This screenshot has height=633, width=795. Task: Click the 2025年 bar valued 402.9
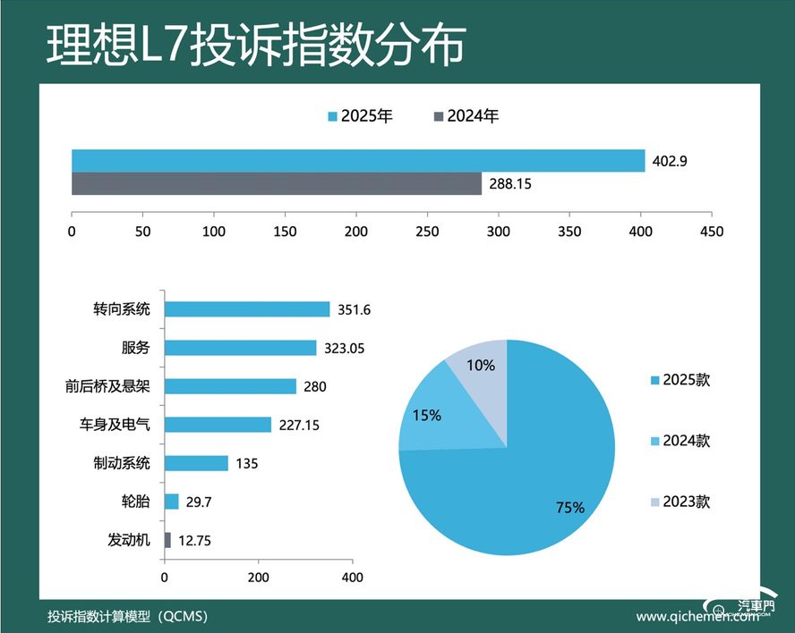pos(358,161)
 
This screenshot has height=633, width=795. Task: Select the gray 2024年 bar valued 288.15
pos(277,183)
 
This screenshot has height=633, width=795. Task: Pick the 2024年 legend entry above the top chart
pos(466,116)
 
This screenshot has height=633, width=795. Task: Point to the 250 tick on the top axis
pos(428,231)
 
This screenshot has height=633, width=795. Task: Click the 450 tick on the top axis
pos(712,231)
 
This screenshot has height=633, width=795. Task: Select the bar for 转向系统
pos(247,309)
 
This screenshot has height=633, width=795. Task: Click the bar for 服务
pos(241,348)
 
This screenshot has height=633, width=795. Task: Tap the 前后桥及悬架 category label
pos(109,386)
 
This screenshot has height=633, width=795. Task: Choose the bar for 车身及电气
pos(218,425)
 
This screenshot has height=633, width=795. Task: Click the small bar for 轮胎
pos(172,502)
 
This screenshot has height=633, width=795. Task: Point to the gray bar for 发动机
pos(167,540)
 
